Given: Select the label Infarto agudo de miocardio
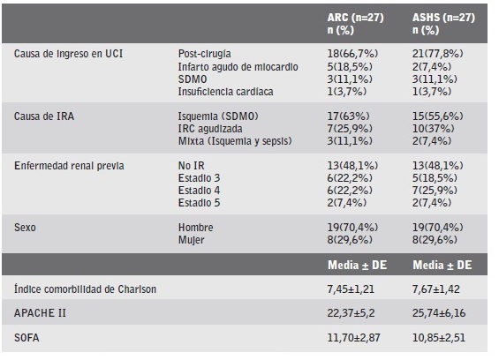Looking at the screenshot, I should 231,66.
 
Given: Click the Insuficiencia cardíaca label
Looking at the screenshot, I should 225,91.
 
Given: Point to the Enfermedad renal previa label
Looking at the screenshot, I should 69,165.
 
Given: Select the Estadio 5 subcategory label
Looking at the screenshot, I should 200,202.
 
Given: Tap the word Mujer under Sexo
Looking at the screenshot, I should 192,239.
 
